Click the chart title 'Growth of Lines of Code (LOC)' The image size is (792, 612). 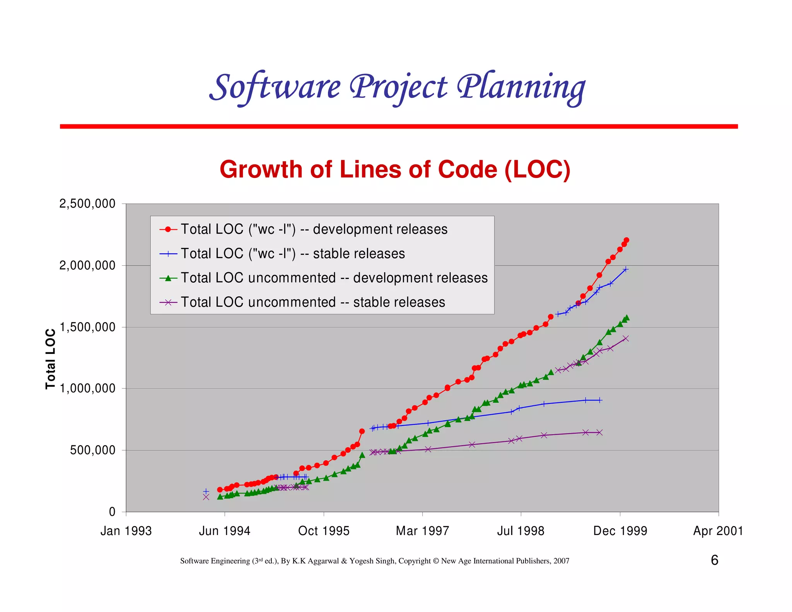point(395,169)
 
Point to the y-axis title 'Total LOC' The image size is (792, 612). point(51,359)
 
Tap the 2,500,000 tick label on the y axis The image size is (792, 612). point(87,204)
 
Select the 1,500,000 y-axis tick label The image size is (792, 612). point(87,327)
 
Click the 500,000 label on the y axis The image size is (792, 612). point(93,450)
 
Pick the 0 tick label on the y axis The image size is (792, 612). point(112,512)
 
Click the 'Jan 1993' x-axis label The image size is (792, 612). point(126,531)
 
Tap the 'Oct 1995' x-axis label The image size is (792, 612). point(324,531)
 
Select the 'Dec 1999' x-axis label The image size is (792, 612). point(620,531)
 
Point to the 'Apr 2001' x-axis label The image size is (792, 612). point(718,531)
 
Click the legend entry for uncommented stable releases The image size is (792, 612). point(313,302)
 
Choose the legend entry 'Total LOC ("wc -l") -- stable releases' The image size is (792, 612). point(293,254)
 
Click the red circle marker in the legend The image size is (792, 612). point(168,229)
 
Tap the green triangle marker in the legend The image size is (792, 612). point(168,278)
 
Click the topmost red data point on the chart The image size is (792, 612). point(626,240)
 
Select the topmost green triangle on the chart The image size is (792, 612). point(626,318)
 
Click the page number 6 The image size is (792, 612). point(714,560)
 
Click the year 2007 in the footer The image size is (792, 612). point(561,561)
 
